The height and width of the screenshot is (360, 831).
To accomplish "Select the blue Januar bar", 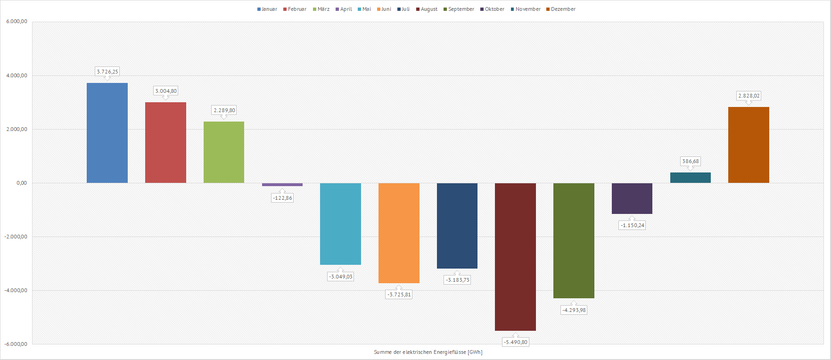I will (x=107, y=133).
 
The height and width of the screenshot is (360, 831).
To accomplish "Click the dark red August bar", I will (x=515, y=257).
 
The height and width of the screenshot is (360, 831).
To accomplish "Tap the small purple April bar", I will (x=282, y=185).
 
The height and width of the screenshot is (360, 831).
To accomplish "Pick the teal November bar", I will (x=690, y=178).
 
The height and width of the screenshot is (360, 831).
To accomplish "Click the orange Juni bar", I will (x=399, y=233).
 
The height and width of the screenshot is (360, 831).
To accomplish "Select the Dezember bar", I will (x=749, y=145).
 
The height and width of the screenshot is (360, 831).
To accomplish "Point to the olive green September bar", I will (x=574, y=240).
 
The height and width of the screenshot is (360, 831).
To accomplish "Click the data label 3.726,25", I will (x=107, y=72).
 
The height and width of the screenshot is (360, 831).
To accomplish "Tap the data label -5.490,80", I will (x=516, y=342).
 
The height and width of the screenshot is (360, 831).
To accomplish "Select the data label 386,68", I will (x=691, y=161).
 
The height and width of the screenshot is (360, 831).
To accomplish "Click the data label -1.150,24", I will (x=633, y=225).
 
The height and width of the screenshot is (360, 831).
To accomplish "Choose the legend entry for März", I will (x=321, y=9).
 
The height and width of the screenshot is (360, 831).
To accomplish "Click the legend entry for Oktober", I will (x=492, y=9).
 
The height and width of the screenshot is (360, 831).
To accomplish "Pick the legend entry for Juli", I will (x=403, y=9).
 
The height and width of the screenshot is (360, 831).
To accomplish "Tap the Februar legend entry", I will (x=295, y=9).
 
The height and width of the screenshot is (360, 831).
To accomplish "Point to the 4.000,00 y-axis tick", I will (x=16, y=75).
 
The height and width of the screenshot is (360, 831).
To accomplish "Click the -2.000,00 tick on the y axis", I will (x=16, y=237).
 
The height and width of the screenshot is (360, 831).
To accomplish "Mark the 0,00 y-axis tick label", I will (x=21, y=183).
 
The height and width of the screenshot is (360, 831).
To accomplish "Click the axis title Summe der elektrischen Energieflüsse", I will (x=428, y=352).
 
